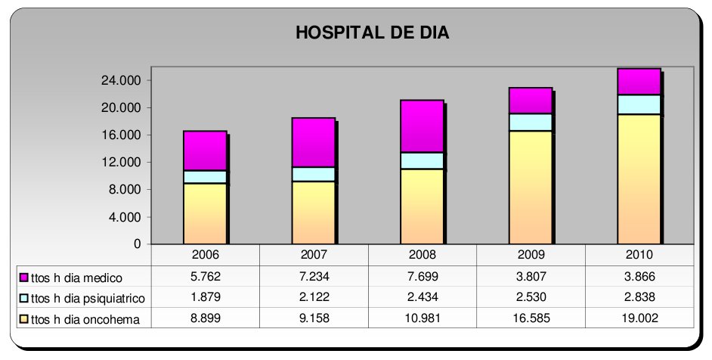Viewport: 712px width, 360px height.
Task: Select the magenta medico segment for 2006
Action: click(x=205, y=151)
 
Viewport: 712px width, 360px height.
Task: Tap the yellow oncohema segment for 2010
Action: click(x=639, y=178)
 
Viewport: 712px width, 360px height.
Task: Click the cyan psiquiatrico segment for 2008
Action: click(x=422, y=160)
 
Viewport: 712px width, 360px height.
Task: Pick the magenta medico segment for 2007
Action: click(x=313, y=142)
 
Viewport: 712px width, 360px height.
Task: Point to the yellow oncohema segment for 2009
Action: click(x=531, y=187)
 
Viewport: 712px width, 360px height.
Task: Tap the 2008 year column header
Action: click(x=423, y=255)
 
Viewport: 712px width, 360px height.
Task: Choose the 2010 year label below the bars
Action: click(x=639, y=255)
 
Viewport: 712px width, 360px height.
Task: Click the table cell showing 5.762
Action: click(x=205, y=277)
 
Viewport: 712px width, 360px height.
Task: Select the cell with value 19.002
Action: click(x=639, y=318)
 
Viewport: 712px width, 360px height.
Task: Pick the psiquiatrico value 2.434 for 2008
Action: click(x=423, y=297)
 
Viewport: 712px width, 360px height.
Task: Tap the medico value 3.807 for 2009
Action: click(x=531, y=277)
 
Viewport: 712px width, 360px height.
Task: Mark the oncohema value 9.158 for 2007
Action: click(x=314, y=318)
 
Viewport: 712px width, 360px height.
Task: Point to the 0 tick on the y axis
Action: click(x=138, y=244)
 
